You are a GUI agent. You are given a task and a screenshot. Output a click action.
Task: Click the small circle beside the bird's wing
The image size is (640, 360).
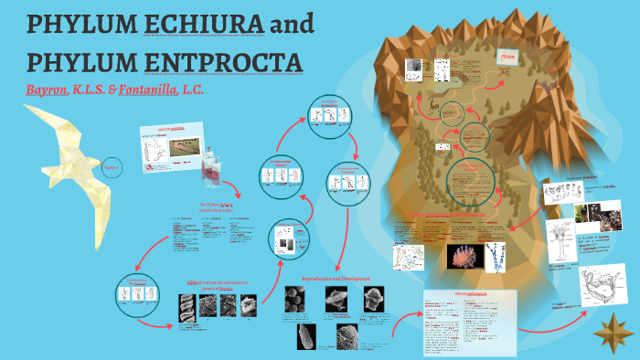112,167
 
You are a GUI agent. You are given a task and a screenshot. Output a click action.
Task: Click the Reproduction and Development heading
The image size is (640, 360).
340,277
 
